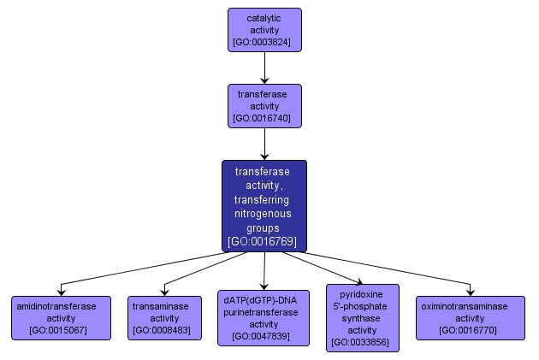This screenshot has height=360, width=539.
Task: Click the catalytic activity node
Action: click(264, 30)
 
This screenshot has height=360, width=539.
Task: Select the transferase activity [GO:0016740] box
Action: click(264, 106)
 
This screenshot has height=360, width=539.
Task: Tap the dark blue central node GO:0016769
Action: click(264, 205)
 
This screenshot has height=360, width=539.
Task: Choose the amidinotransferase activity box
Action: click(61, 317)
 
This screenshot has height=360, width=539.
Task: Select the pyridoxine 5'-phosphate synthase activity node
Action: click(363, 317)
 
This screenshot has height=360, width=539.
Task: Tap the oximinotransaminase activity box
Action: click(472, 317)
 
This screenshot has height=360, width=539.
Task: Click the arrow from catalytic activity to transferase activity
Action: click(264, 68)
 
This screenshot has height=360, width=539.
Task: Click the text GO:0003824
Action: click(264, 41)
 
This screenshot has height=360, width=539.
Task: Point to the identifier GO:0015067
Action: click(61, 329)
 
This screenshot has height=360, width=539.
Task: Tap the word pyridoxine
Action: click(363, 293)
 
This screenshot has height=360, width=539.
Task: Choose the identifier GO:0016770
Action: click(472, 329)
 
